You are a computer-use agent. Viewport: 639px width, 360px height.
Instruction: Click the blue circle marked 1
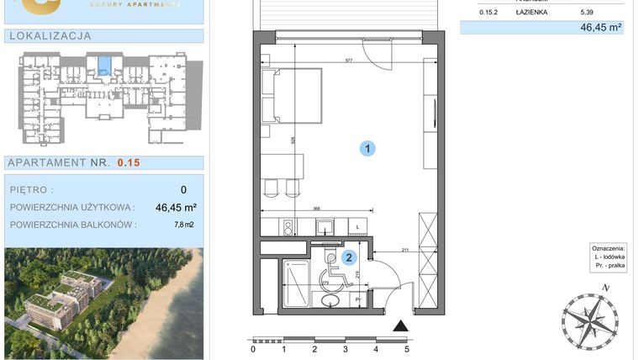click(x=367, y=149)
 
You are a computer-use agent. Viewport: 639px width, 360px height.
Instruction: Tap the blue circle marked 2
click(x=349, y=259)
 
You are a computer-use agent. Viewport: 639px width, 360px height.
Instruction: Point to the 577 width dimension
click(x=346, y=61)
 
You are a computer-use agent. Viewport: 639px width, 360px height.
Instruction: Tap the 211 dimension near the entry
click(x=404, y=249)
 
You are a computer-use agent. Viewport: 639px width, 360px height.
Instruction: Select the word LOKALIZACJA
click(x=49, y=36)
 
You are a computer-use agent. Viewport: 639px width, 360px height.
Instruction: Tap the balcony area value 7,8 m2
click(x=184, y=225)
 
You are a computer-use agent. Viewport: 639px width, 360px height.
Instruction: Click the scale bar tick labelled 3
click(x=345, y=348)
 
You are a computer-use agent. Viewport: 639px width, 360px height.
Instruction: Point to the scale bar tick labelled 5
click(x=407, y=348)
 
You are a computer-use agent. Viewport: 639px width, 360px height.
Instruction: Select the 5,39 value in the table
click(x=587, y=13)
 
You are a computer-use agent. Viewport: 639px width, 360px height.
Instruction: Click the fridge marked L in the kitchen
click(x=356, y=227)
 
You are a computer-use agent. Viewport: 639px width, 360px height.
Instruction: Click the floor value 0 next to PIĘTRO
click(x=183, y=190)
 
